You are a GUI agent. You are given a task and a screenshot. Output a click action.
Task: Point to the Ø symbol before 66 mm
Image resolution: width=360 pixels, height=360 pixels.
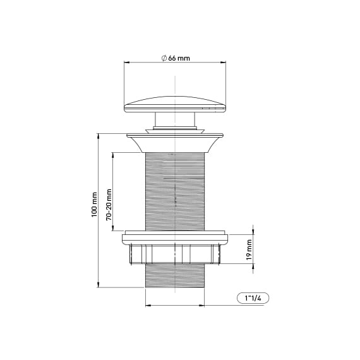click(164, 58)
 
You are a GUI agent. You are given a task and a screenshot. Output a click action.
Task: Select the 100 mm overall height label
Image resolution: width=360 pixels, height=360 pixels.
click(94, 205)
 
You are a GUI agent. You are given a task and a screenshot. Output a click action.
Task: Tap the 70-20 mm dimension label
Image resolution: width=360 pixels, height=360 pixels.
click(109, 204)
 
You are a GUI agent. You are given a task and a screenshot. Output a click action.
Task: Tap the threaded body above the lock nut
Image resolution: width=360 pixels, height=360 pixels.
click(175, 189)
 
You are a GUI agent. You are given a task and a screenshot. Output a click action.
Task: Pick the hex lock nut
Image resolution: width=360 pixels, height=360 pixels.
click(175, 253)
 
